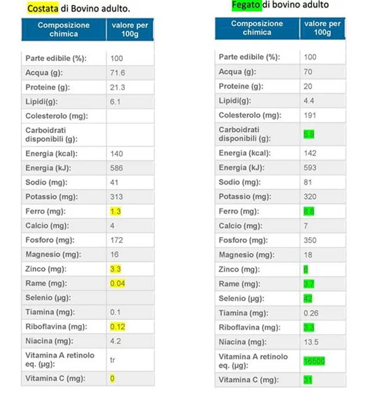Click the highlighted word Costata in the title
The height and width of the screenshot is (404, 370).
click(x=43, y=9)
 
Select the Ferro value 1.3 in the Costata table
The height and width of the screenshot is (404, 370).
click(x=116, y=212)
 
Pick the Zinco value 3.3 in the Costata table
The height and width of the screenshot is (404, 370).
click(x=116, y=269)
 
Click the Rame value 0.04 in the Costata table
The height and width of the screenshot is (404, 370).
click(x=118, y=284)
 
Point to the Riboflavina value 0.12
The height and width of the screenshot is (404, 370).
click(x=118, y=327)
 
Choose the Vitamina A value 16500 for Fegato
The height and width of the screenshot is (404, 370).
click(x=314, y=361)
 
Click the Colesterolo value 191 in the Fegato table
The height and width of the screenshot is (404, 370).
click(x=310, y=116)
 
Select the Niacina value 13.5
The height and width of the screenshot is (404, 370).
click(x=311, y=342)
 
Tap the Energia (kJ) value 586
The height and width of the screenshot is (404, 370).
click(x=117, y=169)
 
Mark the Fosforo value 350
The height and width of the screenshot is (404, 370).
click(x=311, y=240)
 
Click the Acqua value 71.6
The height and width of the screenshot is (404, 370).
click(x=117, y=73)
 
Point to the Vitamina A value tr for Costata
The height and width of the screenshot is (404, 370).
click(x=113, y=360)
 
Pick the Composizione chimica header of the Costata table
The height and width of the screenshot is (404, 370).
click(x=64, y=29)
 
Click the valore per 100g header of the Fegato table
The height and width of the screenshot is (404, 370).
click(x=322, y=28)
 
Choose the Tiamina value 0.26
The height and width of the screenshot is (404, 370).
click(x=311, y=313)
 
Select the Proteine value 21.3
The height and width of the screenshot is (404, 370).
click(x=117, y=87)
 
